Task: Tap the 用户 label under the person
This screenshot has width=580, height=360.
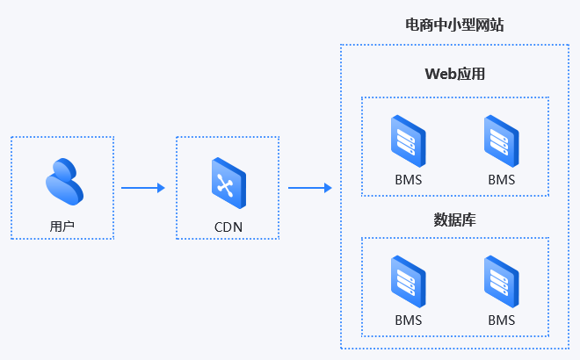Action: pyautogui.click(x=62, y=227)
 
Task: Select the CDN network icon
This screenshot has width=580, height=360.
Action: pyautogui.click(x=228, y=182)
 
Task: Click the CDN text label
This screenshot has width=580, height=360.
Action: pyautogui.click(x=228, y=227)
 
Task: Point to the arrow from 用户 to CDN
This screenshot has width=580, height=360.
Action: pyautogui.click(x=142, y=187)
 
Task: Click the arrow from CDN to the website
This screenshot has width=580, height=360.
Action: pyautogui.click(x=309, y=187)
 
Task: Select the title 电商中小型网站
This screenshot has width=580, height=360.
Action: pyautogui.click(x=454, y=25)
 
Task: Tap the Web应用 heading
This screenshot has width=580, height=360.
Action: pyautogui.click(x=455, y=74)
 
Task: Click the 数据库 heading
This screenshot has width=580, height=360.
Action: pyautogui.click(x=455, y=217)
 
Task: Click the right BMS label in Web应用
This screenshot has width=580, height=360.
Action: pyautogui.click(x=502, y=179)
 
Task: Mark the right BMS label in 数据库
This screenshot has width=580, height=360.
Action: pyautogui.click(x=502, y=320)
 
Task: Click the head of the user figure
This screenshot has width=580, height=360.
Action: pyautogui.click(x=62, y=168)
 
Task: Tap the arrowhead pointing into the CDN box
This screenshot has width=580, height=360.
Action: pyautogui.click(x=161, y=187)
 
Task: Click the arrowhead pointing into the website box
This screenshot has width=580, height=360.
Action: pyautogui.click(x=328, y=187)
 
